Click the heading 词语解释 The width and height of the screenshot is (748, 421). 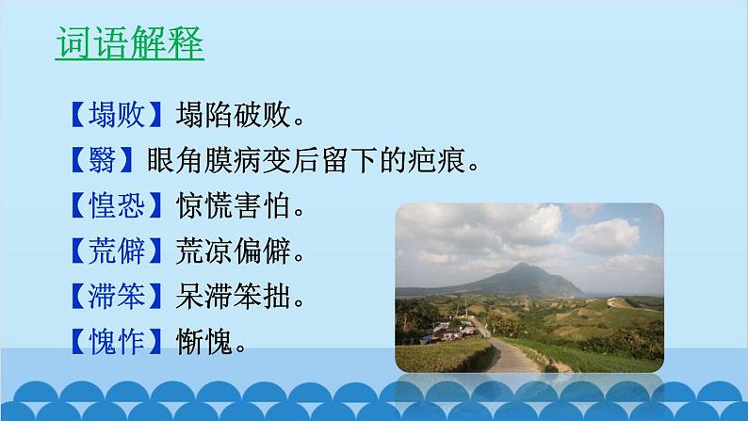[x=129, y=44]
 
